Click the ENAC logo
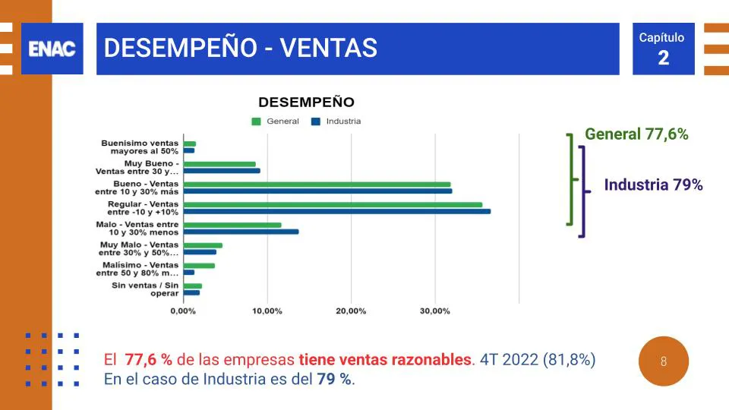click(52, 49)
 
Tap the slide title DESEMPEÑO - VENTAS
click(240, 49)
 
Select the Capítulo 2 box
click(663, 49)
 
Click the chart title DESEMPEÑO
click(306, 102)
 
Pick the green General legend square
click(256, 121)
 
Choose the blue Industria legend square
click(316, 121)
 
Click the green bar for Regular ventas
click(333, 204)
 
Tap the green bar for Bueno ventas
click(317, 184)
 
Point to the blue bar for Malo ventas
click(241, 232)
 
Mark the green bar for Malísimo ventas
click(199, 265)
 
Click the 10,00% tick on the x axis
click(267, 311)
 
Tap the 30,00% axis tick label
click(434, 311)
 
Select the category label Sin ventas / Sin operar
click(145, 289)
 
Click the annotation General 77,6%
click(636, 134)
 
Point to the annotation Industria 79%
click(653, 184)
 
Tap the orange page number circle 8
click(664, 361)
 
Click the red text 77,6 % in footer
click(149, 360)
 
